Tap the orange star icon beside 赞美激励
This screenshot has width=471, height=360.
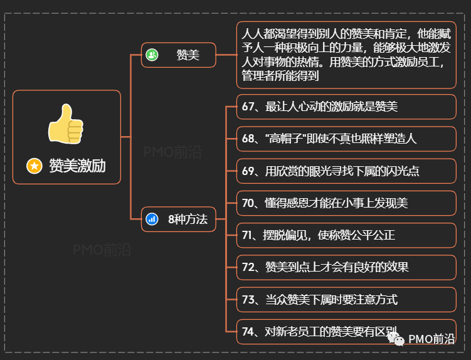pos(34,166)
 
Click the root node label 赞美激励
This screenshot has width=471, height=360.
pos(77,166)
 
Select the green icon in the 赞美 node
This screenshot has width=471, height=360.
pos(152,55)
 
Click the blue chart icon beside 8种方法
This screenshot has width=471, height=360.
pos(152,219)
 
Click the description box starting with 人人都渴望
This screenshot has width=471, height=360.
pos(346,55)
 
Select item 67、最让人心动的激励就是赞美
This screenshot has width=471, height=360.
pos(346,107)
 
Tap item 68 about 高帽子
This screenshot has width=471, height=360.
pos(346,139)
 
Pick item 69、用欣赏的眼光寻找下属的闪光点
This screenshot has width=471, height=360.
pos(346,171)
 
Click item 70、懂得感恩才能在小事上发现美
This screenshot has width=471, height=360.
pos(346,203)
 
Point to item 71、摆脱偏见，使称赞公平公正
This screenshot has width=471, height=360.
pos(346,235)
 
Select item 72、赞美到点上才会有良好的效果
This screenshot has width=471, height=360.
pos(346,267)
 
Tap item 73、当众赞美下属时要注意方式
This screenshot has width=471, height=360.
pos(346,299)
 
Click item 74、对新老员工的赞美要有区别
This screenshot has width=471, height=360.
pos(346,331)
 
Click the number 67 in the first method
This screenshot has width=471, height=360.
pos(247,107)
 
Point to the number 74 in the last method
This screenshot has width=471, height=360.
pos(247,331)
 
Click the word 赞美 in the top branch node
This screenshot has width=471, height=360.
pos(188,55)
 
